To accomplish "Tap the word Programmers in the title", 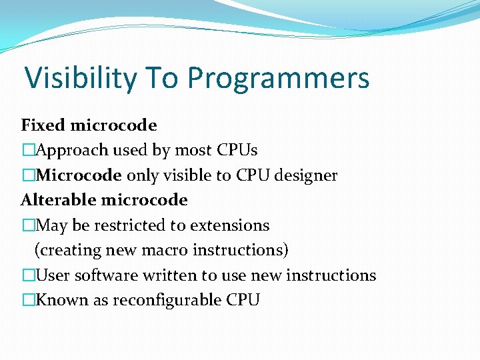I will [278, 78].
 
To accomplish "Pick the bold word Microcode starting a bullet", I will [79, 175].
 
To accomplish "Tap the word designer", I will [308, 175].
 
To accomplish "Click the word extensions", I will [230, 225].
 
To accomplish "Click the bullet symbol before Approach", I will [27, 151].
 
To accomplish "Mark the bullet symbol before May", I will [27, 225].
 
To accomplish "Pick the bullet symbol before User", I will [27, 275].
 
